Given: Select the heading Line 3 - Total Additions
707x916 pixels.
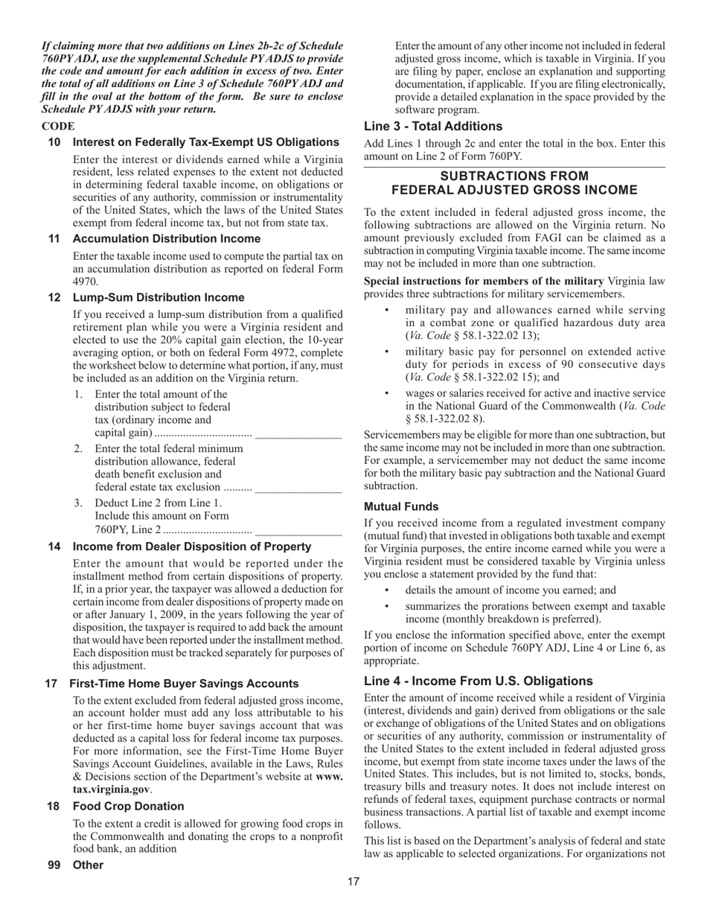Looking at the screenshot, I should pos(433,126).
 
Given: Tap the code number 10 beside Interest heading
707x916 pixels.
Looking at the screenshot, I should pos(54,142).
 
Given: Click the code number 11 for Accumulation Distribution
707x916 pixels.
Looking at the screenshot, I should pos(54,238).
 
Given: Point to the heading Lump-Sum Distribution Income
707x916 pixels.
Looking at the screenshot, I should pos(158,297).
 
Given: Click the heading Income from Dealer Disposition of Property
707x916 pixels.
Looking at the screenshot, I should pos(192,547).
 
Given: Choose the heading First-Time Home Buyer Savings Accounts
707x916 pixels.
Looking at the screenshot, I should pos(184,683).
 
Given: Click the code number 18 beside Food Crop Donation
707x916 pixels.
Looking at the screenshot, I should pos(54,806).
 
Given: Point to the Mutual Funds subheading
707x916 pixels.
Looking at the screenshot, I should pos(401,506).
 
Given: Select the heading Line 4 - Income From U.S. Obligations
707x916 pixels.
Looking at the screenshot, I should pos(478,681).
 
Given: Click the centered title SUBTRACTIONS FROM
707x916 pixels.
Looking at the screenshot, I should pos(514,176).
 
